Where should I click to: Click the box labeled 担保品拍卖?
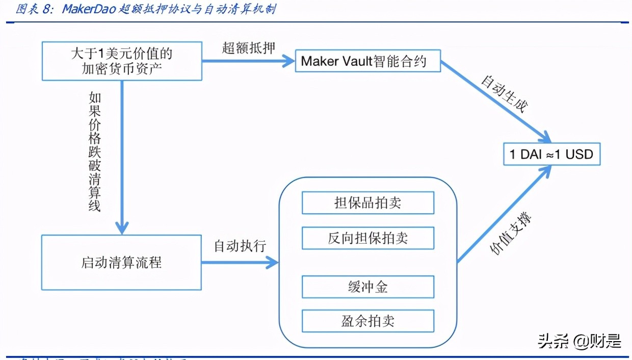click(367, 203)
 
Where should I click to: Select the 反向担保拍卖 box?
click(367, 238)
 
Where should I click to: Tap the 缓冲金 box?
click(367, 287)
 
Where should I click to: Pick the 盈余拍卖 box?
click(367, 321)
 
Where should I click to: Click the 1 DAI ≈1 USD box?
click(551, 154)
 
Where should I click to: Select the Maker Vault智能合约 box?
click(367, 62)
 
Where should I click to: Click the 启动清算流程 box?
click(121, 263)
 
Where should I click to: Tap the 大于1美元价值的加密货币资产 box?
click(121, 61)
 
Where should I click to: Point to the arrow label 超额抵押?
click(248, 48)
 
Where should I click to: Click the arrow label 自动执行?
click(240, 246)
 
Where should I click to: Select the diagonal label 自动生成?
click(505, 95)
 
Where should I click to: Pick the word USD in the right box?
click(579, 154)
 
